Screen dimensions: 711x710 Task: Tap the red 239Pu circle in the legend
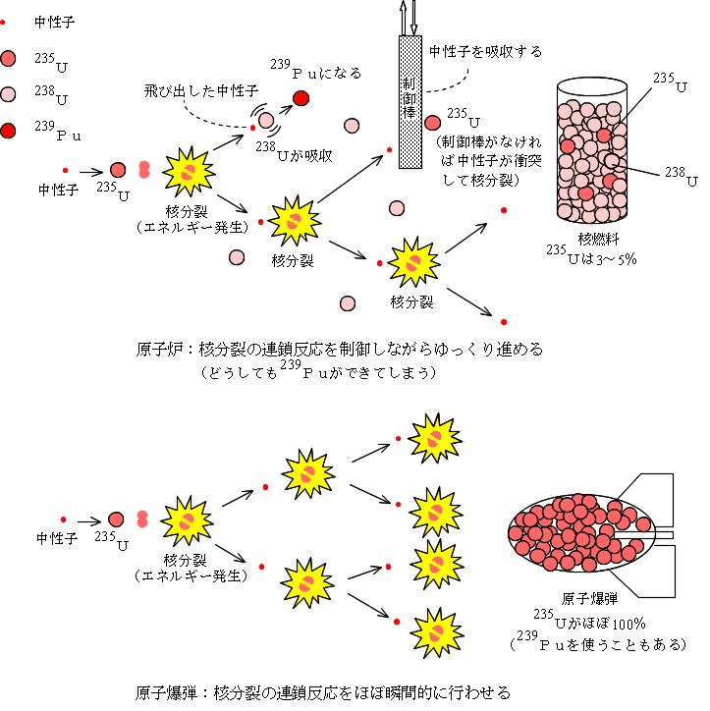coord(10,130)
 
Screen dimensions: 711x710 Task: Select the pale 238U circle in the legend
coord(10,94)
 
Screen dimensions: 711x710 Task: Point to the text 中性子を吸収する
coord(486,50)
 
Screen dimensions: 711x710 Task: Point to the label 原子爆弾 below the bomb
coord(591,599)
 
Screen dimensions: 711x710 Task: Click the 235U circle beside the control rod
coord(432,123)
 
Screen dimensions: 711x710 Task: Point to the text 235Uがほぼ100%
coord(590,621)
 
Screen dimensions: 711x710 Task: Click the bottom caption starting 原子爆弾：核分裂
coord(323,691)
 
